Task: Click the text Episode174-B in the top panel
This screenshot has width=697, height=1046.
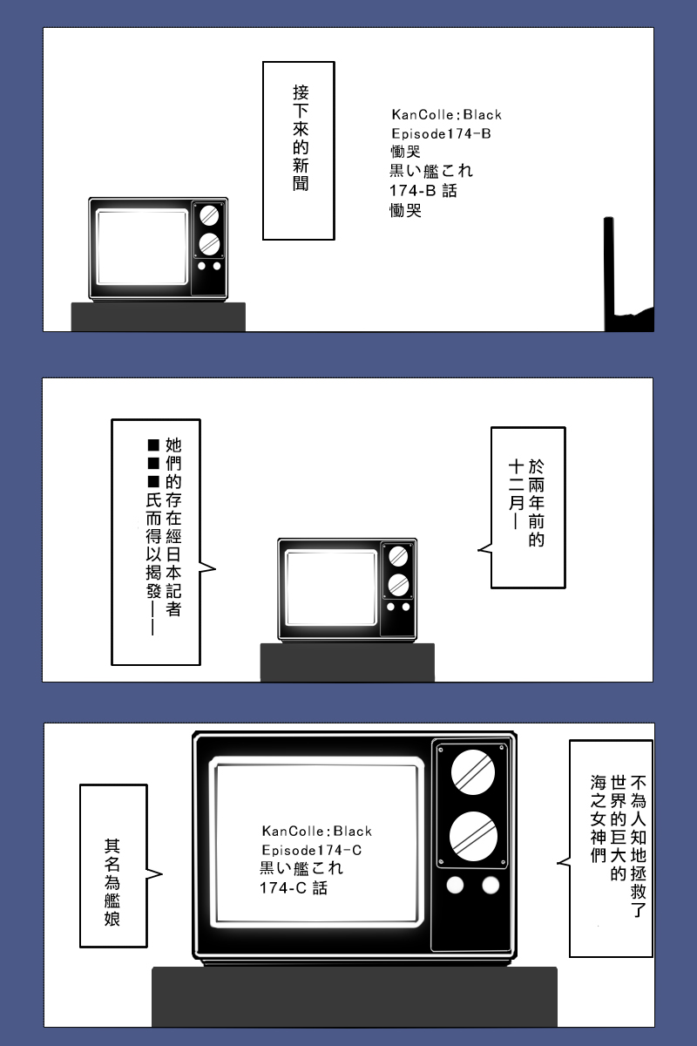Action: (441, 133)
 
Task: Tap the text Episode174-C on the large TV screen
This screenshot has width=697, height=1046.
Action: (312, 850)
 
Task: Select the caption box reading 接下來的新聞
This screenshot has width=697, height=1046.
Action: (299, 151)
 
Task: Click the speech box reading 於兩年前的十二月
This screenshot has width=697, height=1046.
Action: (527, 507)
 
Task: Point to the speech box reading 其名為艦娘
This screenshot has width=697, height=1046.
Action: (114, 866)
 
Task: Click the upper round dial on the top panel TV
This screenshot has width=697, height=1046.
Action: (209, 216)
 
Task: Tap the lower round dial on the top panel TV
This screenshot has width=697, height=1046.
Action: (209, 244)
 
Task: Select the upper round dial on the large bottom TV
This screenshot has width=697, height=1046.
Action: (473, 772)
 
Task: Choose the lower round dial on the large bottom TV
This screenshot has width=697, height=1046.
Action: (473, 836)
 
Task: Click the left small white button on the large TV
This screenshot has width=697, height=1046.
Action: (455, 885)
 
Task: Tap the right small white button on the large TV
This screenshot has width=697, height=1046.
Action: (491, 885)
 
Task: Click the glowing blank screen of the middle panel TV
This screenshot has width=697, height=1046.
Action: (331, 588)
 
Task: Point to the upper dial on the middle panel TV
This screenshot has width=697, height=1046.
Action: (398, 556)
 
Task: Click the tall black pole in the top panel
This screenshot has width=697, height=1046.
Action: (609, 274)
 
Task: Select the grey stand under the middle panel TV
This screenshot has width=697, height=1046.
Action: (348, 662)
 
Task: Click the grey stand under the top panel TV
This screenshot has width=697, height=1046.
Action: (159, 317)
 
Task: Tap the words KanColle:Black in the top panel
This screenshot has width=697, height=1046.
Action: (446, 114)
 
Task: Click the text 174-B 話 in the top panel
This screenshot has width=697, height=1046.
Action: (423, 191)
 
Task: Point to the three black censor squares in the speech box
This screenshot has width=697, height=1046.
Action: (153, 463)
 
